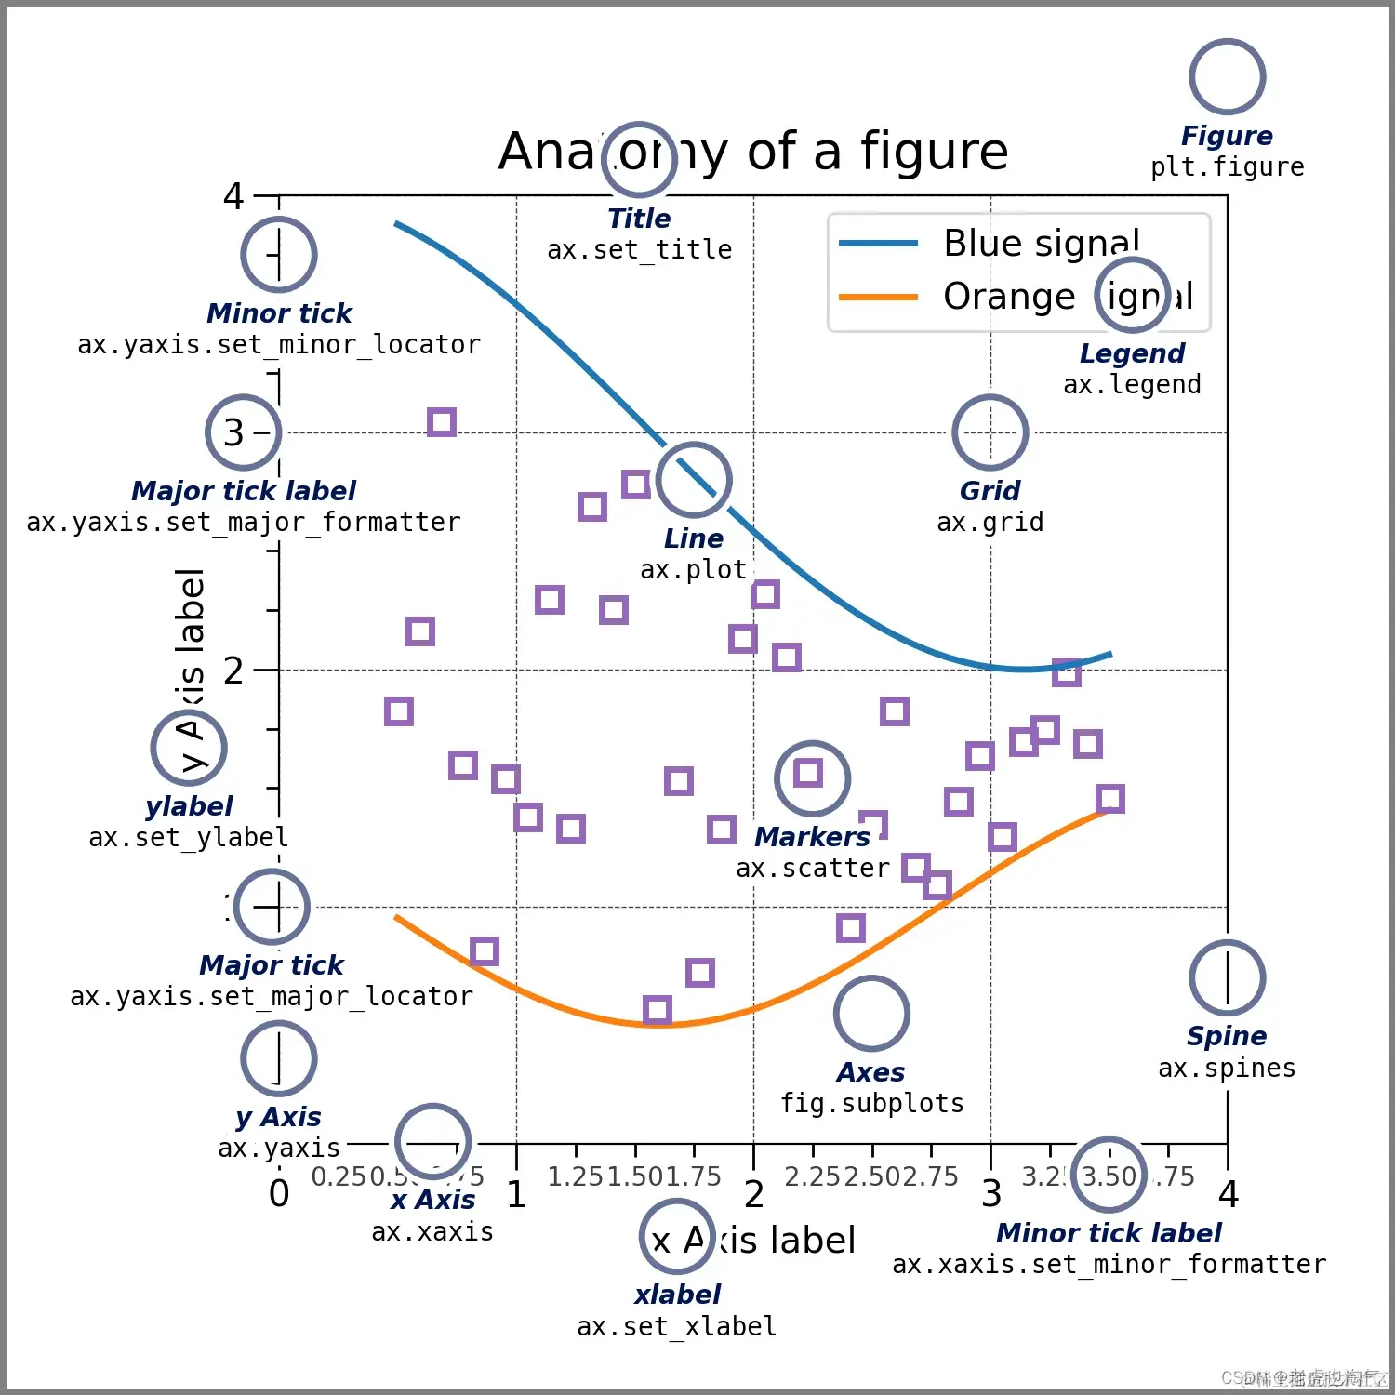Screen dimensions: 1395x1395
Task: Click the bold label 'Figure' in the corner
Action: (1227, 136)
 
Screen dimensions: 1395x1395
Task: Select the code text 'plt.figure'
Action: (1227, 167)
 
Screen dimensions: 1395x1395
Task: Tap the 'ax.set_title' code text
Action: (639, 250)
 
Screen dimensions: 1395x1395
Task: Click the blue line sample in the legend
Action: (878, 244)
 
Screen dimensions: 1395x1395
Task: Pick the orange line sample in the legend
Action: (878, 298)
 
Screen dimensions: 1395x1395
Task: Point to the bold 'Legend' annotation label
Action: (1132, 353)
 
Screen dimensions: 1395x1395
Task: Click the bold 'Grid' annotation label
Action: (990, 491)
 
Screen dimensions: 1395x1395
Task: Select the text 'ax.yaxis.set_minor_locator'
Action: (279, 345)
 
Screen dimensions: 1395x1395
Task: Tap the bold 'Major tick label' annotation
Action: (244, 491)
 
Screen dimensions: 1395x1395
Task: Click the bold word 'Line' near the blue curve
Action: (693, 538)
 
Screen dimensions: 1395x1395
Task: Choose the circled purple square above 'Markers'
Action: (808, 773)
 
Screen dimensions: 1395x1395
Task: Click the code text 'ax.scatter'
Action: (813, 869)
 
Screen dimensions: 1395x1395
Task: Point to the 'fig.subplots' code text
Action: (871, 1104)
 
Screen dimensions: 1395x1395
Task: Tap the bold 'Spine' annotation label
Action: (1227, 1036)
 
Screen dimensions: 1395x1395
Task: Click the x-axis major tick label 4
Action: (1229, 1194)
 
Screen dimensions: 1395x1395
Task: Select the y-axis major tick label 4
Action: (232, 196)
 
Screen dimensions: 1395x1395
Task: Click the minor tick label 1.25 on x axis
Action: (576, 1176)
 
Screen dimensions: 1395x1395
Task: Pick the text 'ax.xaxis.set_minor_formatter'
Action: (1109, 1265)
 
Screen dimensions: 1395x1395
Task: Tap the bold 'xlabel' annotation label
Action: (677, 1295)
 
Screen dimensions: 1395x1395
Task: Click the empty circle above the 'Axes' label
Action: (871, 1014)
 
